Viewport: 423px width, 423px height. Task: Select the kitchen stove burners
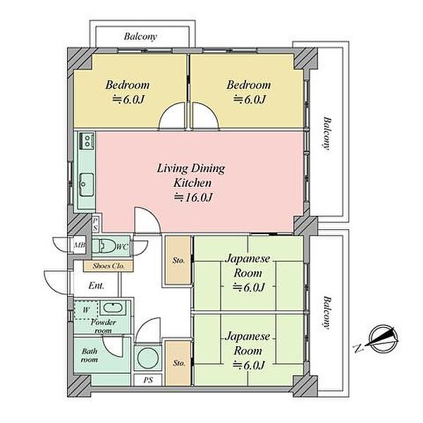tap(87, 141)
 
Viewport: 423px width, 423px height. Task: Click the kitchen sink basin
tap(87, 185)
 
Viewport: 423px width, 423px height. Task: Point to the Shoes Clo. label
tap(109, 266)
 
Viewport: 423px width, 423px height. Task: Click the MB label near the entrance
tap(80, 245)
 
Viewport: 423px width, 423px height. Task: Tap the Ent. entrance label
tap(97, 286)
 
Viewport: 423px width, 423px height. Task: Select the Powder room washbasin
tap(113, 308)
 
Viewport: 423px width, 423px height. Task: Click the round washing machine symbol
tap(147, 357)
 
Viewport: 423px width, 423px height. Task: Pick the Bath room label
tap(90, 355)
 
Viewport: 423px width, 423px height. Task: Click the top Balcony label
tap(140, 37)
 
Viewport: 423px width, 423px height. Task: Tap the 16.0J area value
tap(193, 197)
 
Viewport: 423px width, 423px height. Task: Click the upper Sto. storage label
tap(178, 261)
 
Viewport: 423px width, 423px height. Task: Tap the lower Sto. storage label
tap(179, 363)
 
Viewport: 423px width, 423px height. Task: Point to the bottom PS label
tap(148, 380)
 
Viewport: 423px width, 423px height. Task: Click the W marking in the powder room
tap(86, 309)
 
